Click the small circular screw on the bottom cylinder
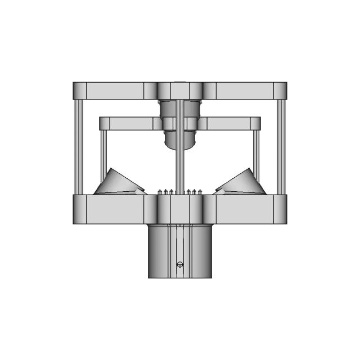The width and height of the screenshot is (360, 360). [180, 264]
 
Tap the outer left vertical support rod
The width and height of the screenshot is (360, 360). [79, 146]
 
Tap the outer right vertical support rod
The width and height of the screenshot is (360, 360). [281, 146]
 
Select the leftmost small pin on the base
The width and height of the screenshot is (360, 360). [160, 192]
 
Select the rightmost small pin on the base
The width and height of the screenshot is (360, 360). [200, 192]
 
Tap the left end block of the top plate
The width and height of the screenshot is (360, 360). [80, 91]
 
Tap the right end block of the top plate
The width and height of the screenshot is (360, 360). [280, 91]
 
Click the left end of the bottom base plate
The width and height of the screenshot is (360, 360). [79, 209]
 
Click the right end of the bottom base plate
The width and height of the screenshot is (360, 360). [280, 209]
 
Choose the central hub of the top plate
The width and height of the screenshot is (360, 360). [180, 91]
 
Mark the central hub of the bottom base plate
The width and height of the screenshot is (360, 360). [180, 209]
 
